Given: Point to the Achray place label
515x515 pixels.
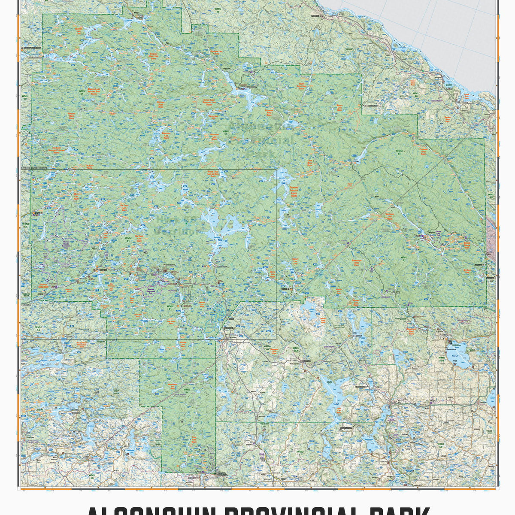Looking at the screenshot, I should (x=422, y=235).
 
